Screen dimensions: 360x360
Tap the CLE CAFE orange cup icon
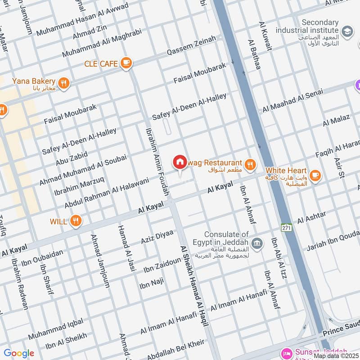126,63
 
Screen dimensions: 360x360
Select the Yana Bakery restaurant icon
64,83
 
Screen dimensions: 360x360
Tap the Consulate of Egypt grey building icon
257,243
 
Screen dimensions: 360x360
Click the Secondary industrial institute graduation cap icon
347,31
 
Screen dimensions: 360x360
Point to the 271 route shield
287,228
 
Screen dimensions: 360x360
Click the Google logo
19,353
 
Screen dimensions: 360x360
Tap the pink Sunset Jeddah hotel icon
286,352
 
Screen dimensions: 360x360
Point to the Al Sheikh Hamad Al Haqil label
194,295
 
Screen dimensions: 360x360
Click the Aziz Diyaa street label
157,236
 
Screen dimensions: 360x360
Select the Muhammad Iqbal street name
55,329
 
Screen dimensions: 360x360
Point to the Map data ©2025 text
336,355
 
